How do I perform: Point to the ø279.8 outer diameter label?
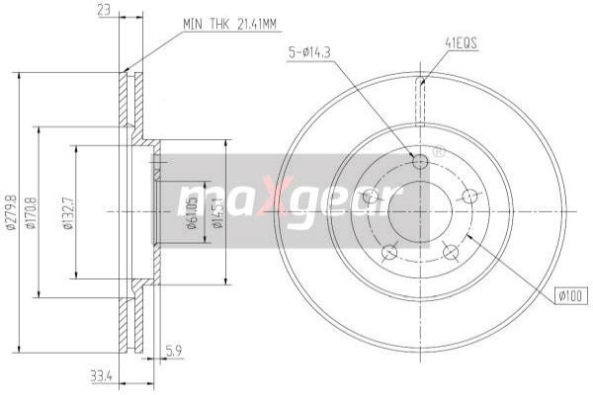11,211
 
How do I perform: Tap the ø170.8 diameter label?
32,211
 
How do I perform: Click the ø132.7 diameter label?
68,211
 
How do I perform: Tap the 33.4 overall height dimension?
100,374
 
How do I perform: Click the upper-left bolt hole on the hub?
373,197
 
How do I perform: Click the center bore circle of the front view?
419,211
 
